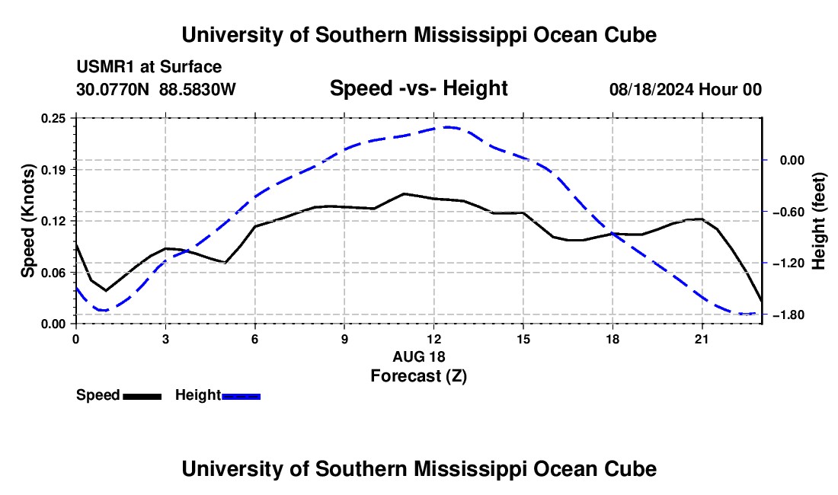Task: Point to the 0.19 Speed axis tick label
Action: [53, 170]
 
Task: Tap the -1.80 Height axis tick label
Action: [788, 315]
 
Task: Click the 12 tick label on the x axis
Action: [434, 339]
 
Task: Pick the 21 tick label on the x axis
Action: [702, 339]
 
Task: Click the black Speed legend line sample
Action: [142, 397]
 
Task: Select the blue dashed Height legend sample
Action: [241, 397]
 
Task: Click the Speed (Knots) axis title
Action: [27, 221]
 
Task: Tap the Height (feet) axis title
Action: [819, 221]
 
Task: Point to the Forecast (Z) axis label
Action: [418, 376]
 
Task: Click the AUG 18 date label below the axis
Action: [419, 356]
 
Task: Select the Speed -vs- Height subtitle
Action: [418, 88]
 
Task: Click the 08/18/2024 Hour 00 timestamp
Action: [686, 90]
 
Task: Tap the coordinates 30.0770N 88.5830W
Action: [155, 90]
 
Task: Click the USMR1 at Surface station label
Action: [149, 67]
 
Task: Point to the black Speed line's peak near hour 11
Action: [404, 194]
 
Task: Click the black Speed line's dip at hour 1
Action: [106, 290]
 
